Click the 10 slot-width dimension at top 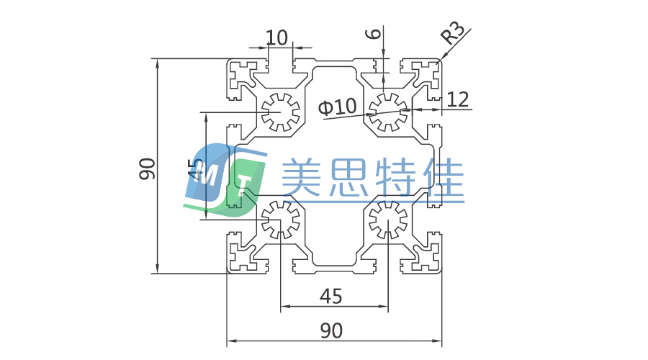[x=277, y=37]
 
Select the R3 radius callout [x=453, y=34]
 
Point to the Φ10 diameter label [x=337, y=107]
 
